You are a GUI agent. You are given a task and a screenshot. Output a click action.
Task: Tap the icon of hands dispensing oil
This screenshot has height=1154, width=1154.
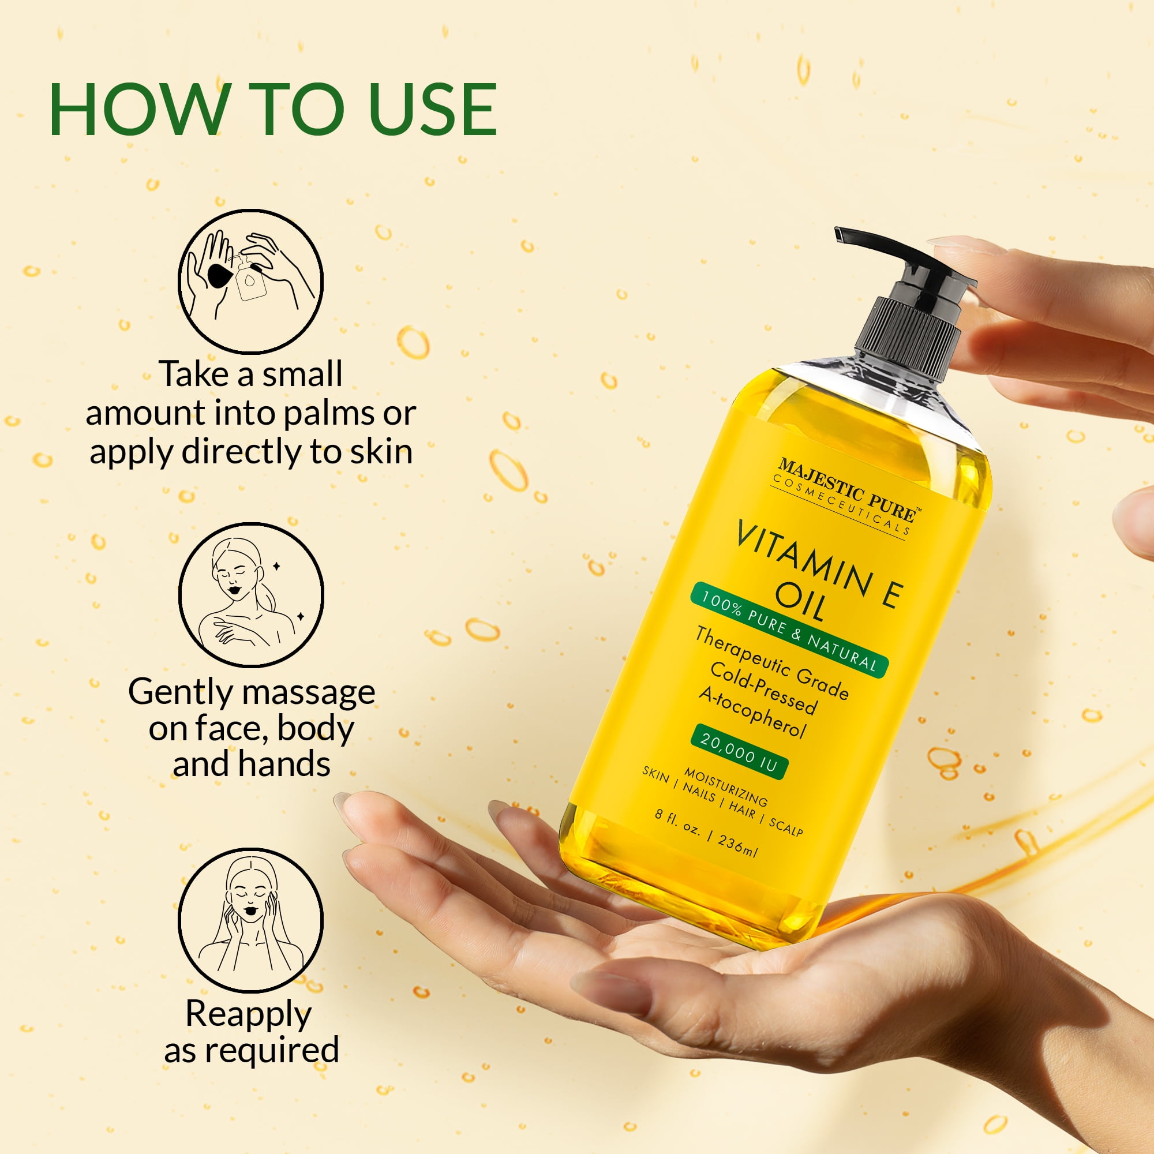(251, 281)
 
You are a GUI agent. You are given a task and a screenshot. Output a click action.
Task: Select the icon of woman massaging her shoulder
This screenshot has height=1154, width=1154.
(251, 595)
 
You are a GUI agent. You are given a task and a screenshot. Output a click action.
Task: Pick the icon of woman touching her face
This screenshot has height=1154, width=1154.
(251, 920)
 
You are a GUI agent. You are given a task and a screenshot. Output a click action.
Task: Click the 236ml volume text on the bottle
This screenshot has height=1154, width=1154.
(739, 845)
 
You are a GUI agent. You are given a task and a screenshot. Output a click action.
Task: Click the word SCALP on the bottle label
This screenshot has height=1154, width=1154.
(786, 827)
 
